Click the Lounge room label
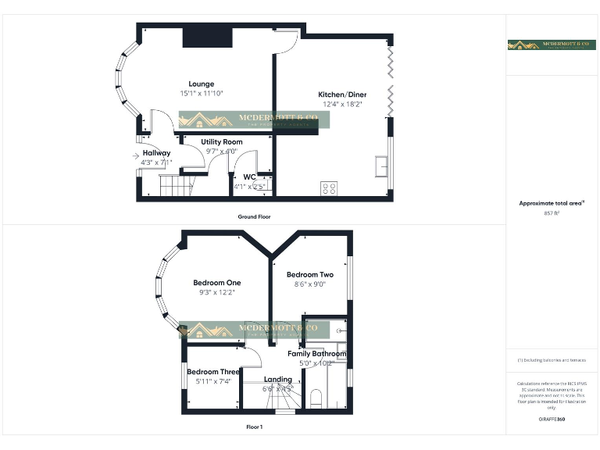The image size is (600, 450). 201,84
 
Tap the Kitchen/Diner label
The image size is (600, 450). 342,95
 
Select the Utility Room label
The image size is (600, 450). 222,141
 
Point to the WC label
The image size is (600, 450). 250,177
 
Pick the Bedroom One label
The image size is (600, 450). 217,282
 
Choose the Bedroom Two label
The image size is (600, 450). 310,274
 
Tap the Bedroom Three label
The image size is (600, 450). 212,371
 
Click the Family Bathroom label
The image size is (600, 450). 316,354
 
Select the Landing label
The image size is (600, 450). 278,380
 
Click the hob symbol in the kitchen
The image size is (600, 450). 330,188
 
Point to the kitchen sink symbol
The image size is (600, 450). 384,167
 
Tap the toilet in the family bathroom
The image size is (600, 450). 316,399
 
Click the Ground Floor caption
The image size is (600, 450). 255,216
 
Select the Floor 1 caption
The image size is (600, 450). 255,427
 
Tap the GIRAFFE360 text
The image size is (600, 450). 552,420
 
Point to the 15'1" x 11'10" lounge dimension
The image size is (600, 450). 202,94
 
